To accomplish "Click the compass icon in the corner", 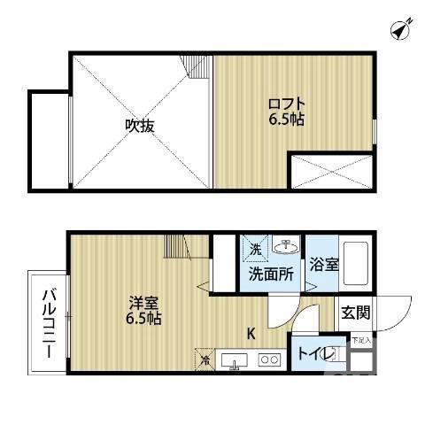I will (x=400, y=29).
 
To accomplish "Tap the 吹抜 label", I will (x=140, y=126).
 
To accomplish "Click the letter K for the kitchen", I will (x=251, y=334).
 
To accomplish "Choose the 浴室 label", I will (x=323, y=265).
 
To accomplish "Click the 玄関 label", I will (x=356, y=312).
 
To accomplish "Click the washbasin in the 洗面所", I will (x=285, y=246).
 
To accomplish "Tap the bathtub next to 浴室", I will (x=356, y=262).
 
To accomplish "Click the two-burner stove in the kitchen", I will (x=269, y=359).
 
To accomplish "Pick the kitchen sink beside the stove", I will (x=235, y=360).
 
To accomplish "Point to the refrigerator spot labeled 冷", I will (x=205, y=359).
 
